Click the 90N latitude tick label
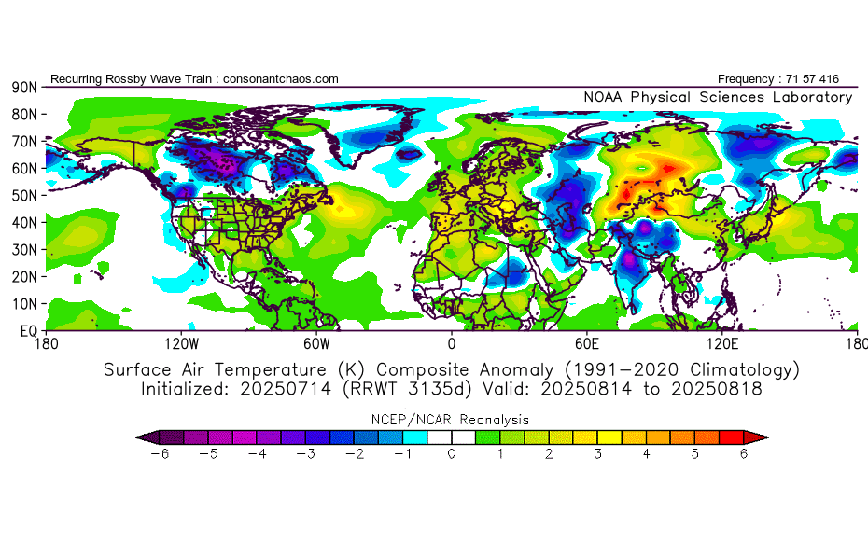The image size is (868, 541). pyautogui.click(x=23, y=87)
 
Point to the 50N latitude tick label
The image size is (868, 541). pyautogui.click(x=23, y=195)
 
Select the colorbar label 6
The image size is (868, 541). pyautogui.click(x=745, y=454)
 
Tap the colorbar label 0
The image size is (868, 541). pyautogui.click(x=452, y=454)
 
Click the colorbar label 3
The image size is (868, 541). pyautogui.click(x=598, y=454)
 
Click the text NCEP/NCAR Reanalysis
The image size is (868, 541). pyautogui.click(x=452, y=420)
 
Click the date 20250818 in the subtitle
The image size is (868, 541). pyautogui.click(x=720, y=389)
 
